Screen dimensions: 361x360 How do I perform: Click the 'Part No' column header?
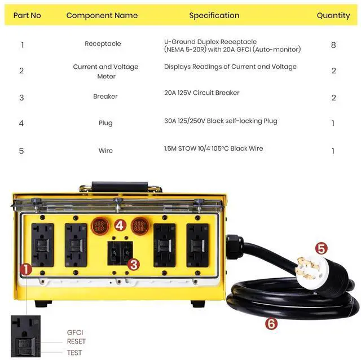27,15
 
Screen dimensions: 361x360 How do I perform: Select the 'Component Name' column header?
102,15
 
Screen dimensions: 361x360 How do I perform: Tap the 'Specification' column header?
214,15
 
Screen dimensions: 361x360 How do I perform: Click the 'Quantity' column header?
333,15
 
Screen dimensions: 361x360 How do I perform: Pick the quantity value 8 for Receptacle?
333,45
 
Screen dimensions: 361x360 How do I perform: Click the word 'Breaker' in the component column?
105,96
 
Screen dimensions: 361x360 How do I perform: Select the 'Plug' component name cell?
105,123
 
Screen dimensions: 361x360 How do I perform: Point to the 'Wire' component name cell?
105,151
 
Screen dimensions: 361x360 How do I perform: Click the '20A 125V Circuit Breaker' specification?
202,93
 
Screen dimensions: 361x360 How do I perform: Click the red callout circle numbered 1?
26,269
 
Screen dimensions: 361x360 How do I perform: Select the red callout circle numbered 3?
133,264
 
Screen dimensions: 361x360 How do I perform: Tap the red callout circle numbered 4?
120,225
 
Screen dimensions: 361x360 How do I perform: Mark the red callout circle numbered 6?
272,323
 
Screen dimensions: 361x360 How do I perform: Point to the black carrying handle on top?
126,186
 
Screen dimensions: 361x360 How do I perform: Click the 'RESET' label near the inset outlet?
76,342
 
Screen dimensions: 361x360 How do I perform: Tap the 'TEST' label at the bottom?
74,353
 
